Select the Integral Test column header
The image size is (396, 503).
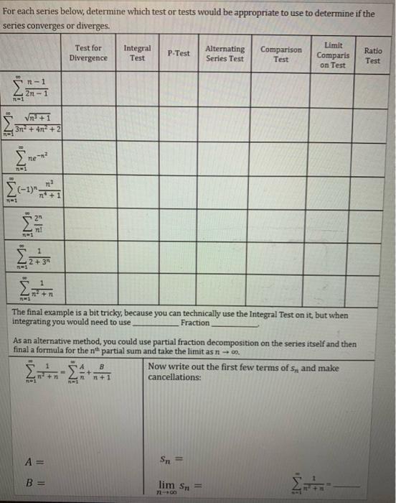click(x=137, y=53)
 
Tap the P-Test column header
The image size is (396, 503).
click(x=178, y=53)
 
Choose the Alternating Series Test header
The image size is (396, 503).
click(x=225, y=53)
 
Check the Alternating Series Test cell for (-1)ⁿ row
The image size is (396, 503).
click(x=225, y=190)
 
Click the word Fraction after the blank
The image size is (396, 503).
click(x=195, y=323)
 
